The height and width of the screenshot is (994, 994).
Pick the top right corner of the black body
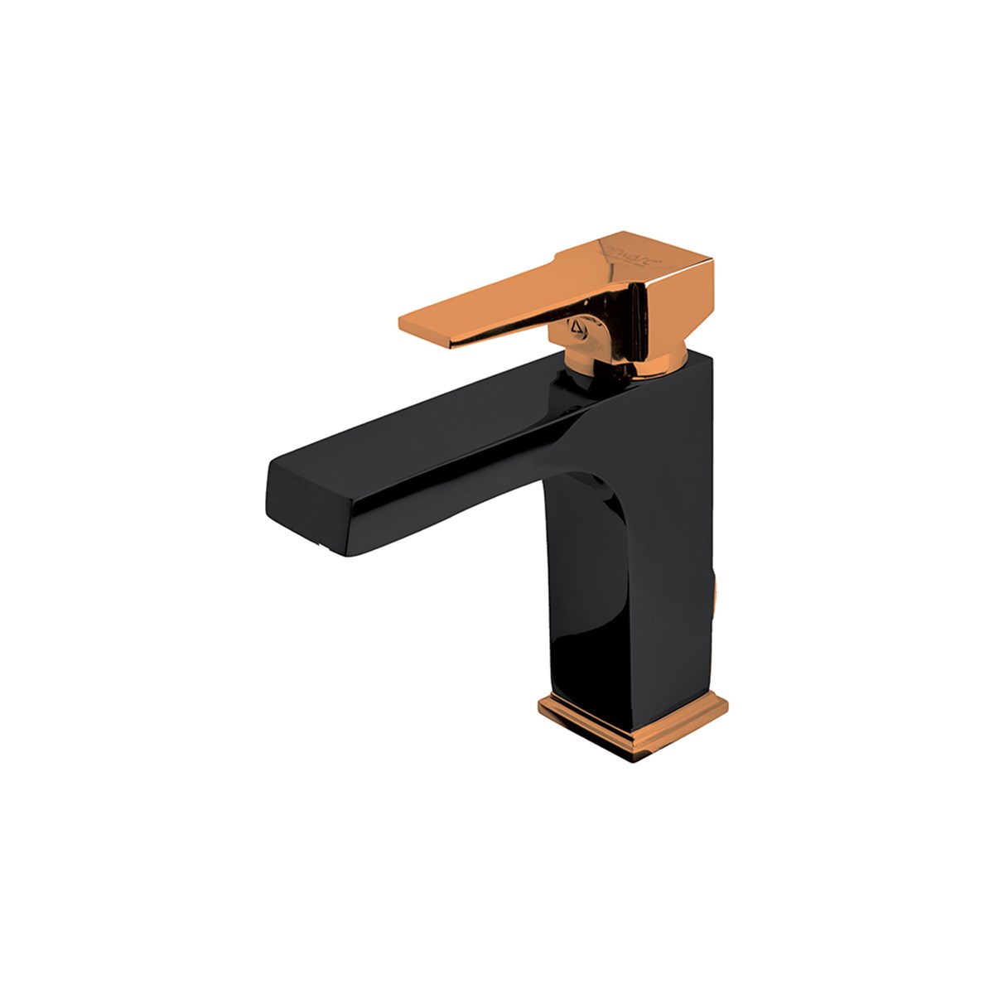(708, 356)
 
